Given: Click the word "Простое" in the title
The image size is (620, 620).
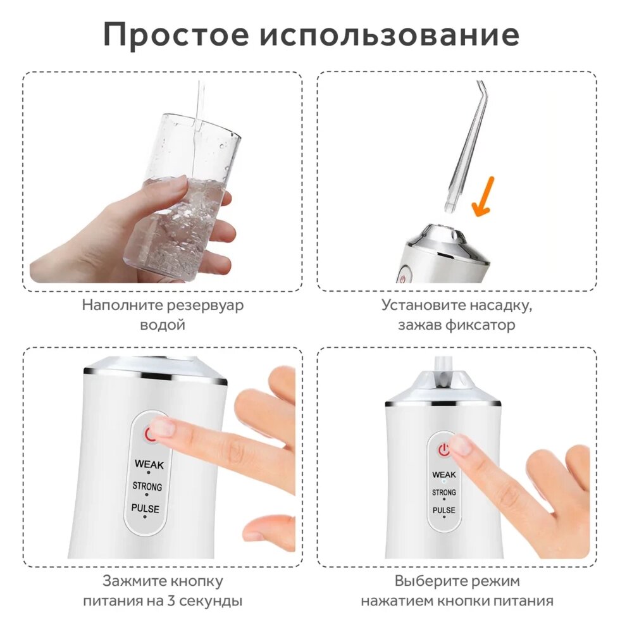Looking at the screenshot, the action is [176, 35].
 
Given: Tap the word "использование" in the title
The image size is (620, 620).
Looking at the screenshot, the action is [390, 35].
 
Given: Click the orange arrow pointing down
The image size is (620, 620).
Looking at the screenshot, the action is [483, 197].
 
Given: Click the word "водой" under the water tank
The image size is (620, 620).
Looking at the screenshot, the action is [163, 325].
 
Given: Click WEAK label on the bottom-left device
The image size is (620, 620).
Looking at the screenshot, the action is [149, 464].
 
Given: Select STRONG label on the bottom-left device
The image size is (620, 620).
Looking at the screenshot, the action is [147, 486].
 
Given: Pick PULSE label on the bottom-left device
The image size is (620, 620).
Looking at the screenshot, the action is [145, 508].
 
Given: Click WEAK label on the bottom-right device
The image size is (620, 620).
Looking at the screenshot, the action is [444, 474].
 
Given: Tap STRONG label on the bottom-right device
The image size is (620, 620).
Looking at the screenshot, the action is [443, 492].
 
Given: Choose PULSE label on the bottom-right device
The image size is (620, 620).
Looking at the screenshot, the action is [443, 510].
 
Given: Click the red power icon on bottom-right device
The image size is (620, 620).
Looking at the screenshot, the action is [444, 450].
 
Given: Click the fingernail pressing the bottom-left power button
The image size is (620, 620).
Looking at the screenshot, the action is [162, 427].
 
